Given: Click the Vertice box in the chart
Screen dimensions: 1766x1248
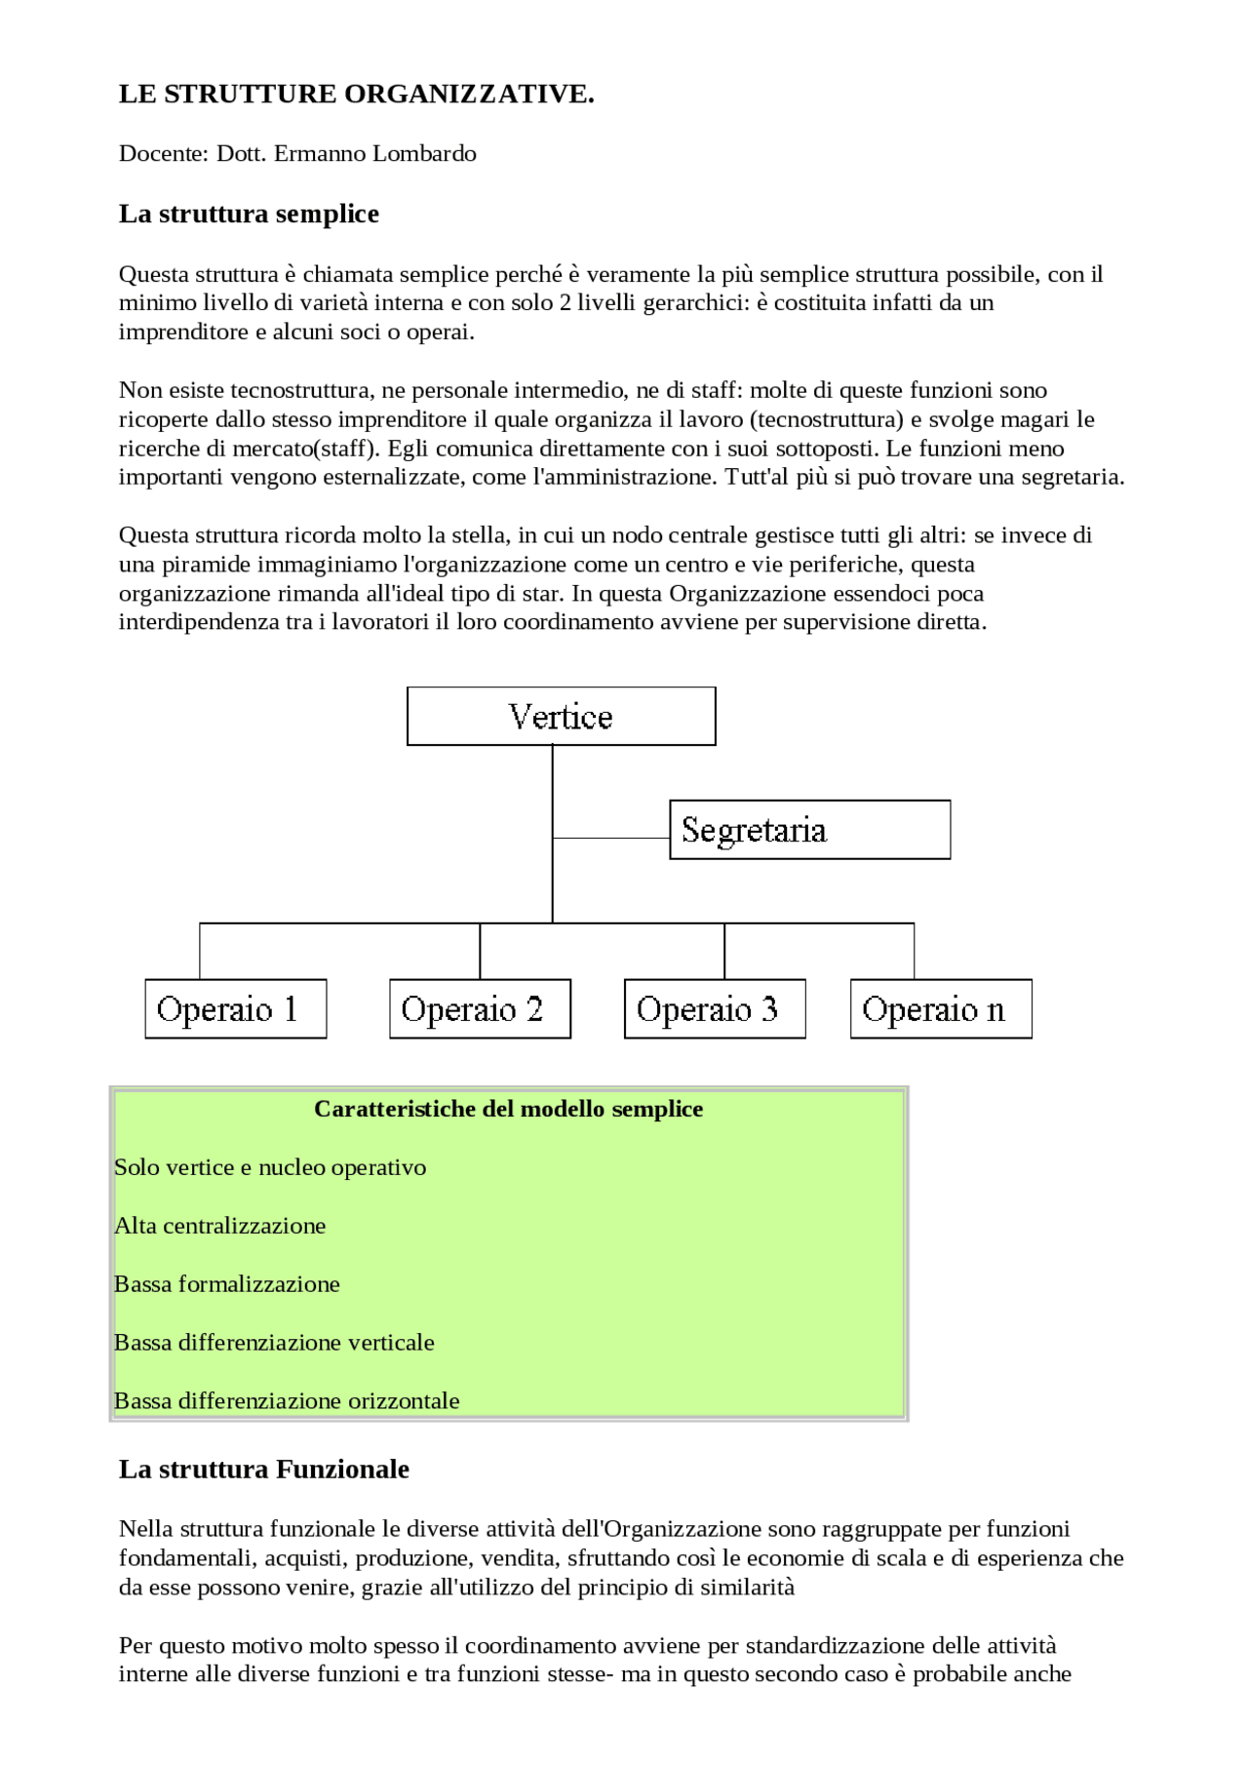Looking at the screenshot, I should click(561, 717).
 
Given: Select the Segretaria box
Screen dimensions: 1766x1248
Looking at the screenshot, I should click(809, 830).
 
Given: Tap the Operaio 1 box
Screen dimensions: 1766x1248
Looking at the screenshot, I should click(235, 1009).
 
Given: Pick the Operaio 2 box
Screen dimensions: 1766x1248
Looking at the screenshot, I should click(480, 1009).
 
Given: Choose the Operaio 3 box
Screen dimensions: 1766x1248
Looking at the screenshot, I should click(715, 1009).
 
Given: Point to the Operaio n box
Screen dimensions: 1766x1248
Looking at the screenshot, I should click(940, 1009).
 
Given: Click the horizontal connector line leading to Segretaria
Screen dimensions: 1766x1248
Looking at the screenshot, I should click(611, 838).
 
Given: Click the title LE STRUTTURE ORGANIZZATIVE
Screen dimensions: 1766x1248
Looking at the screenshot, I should click(356, 95).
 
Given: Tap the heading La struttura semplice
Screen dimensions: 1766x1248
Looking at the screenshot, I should click(249, 214).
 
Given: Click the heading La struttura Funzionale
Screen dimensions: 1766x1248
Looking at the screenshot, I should click(263, 1470).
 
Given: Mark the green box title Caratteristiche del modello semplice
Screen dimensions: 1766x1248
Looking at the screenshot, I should click(508, 1110).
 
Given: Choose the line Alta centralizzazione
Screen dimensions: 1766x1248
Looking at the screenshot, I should click(220, 1226).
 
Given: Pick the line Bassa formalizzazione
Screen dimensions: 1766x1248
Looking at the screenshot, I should click(227, 1284).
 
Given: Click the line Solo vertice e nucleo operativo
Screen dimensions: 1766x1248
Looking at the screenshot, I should click(270, 1167).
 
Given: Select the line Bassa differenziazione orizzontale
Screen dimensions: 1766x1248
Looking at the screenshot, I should click(287, 1401).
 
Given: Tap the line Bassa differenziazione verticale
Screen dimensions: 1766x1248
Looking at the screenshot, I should click(274, 1343).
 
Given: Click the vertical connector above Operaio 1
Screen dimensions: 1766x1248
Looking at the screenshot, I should click(200, 951).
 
